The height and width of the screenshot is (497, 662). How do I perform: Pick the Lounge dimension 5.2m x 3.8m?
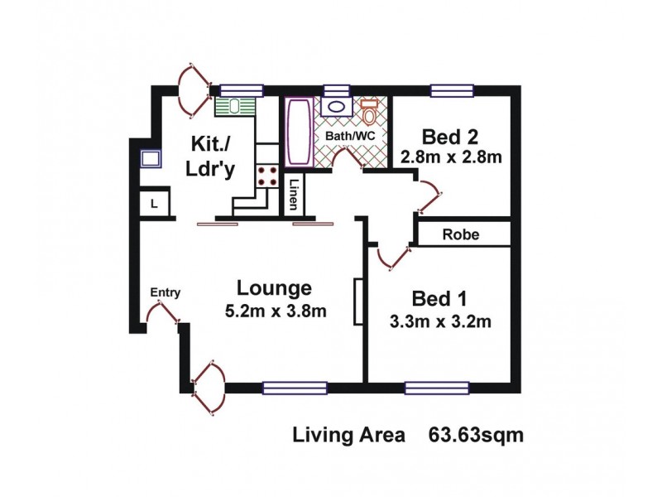click(x=276, y=311)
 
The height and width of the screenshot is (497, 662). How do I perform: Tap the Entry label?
click(x=165, y=292)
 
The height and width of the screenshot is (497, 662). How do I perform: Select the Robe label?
click(x=460, y=234)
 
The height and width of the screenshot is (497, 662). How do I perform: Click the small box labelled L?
click(x=155, y=203)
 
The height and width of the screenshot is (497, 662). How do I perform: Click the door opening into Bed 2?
click(x=429, y=195)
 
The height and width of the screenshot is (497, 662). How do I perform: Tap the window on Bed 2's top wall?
click(x=452, y=89)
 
